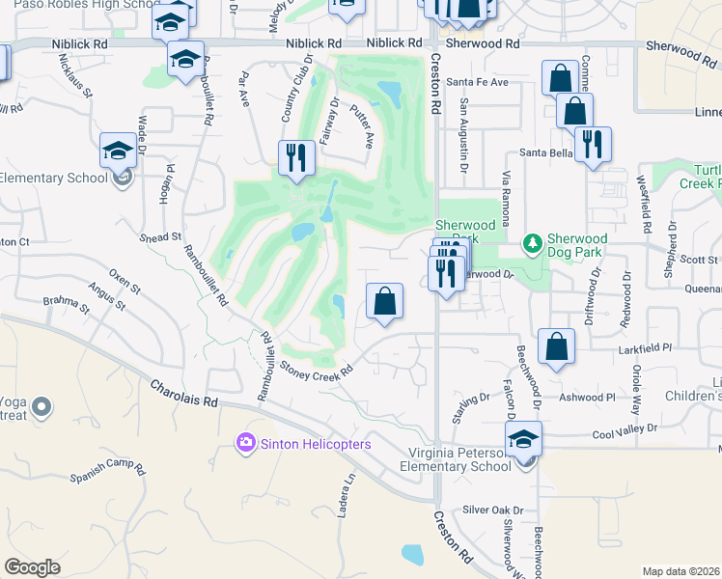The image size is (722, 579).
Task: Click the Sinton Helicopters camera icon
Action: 246,443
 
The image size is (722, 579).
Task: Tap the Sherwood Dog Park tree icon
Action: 530,240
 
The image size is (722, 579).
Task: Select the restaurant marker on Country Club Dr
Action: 296,156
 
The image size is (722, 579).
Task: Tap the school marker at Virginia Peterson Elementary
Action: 523,440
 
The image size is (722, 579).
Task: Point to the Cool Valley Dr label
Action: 625,427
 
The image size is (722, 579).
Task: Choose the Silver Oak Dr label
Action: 491,510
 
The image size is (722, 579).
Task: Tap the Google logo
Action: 33,566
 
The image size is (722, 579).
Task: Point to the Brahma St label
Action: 66,307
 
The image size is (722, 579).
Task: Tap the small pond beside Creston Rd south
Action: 412,554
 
